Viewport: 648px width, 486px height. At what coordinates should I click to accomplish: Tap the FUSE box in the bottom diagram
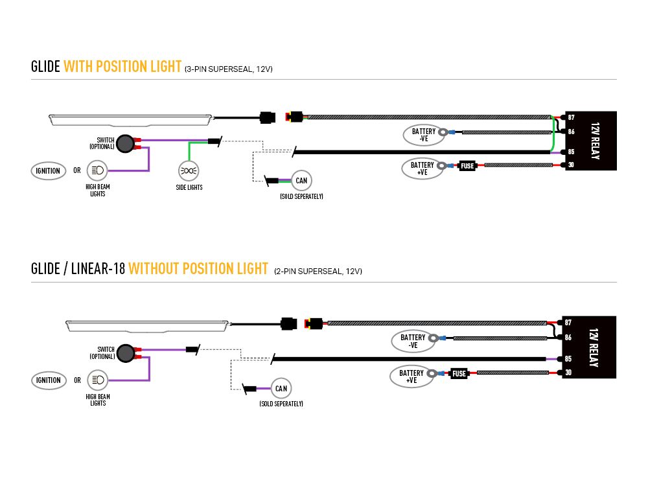(x=459, y=373)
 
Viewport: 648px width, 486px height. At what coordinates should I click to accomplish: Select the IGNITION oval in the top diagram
(x=49, y=171)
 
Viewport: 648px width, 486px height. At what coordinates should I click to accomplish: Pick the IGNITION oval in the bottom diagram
(x=49, y=380)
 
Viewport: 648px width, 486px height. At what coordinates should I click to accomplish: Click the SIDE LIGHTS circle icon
(x=189, y=171)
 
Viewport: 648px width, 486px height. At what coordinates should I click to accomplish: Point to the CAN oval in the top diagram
(x=301, y=180)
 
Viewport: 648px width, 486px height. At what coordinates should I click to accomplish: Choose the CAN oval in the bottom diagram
(x=281, y=389)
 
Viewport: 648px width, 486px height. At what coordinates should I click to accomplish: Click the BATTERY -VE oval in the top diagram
(x=423, y=134)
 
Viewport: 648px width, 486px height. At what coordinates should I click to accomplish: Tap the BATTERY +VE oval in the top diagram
(x=422, y=168)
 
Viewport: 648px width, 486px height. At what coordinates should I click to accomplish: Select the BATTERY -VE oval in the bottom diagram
(x=412, y=341)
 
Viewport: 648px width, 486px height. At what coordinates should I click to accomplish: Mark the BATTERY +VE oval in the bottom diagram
(x=411, y=376)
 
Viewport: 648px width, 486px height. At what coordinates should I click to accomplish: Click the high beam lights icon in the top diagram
(x=97, y=171)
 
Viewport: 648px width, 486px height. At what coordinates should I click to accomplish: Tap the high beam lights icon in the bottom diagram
(x=97, y=380)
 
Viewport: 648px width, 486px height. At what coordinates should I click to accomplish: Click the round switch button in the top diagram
(x=124, y=142)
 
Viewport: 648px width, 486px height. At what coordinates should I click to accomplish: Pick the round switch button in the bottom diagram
(x=124, y=353)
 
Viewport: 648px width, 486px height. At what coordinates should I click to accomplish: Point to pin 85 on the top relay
(x=571, y=152)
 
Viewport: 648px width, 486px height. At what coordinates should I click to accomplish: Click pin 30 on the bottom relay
(x=568, y=372)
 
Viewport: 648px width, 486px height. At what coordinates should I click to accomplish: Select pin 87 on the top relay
(x=571, y=117)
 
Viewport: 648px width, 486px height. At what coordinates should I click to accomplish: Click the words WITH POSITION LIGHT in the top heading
(x=122, y=67)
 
